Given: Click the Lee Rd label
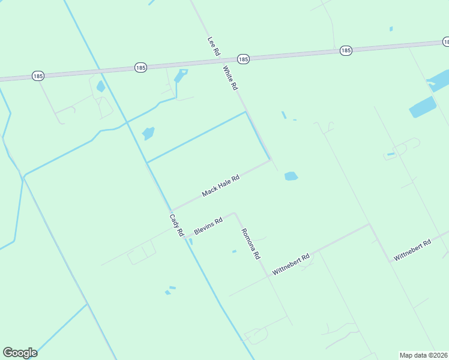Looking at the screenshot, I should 214,46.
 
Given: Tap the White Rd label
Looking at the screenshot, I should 231,78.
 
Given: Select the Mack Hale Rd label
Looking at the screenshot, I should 221,185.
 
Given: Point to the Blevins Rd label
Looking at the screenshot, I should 208,226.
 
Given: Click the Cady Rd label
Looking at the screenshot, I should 176,225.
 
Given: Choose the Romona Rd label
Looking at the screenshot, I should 250,243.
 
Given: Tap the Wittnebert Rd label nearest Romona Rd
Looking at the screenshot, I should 291,264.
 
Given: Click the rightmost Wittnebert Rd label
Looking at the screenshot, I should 412,250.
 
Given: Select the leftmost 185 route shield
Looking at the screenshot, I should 38,76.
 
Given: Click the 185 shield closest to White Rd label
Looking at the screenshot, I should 243,59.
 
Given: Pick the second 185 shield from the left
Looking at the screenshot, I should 140,67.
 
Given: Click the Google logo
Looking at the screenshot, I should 20,352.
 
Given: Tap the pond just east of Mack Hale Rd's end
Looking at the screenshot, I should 291,176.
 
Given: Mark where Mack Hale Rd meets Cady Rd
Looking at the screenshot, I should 172,210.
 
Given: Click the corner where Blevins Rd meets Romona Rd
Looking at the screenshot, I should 235,212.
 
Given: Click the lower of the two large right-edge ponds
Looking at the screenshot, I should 422,107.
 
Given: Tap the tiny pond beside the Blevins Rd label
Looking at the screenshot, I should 191,241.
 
